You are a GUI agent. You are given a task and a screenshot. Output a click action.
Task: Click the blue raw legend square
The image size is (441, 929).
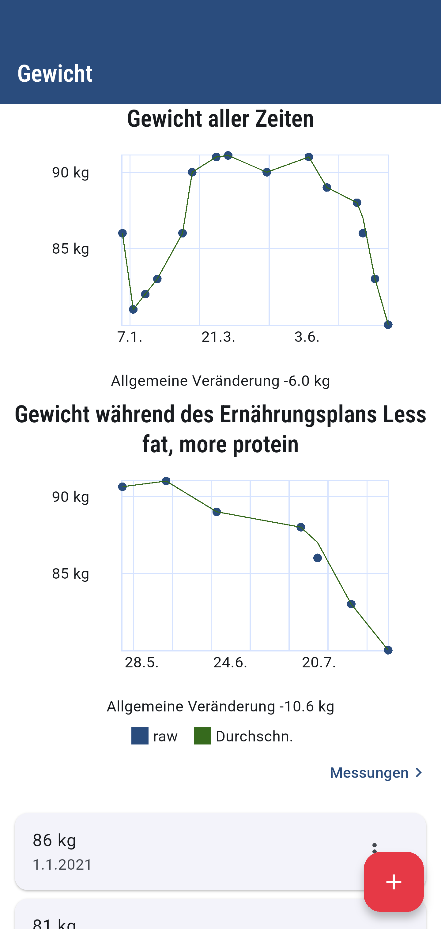point(140,736)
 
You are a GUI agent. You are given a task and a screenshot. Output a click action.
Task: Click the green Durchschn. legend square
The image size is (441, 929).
point(202,736)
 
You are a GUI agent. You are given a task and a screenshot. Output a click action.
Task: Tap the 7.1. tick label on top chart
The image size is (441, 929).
point(130,337)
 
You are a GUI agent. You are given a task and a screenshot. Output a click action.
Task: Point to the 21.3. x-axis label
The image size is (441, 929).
point(218,337)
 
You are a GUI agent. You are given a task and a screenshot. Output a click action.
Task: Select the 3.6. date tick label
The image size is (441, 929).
point(307,337)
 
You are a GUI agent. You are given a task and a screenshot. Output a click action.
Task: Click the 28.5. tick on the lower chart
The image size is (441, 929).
point(141,662)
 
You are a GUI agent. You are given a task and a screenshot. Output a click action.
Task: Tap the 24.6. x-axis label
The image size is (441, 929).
point(230,662)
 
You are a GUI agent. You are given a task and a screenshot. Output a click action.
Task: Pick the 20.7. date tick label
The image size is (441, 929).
point(319,662)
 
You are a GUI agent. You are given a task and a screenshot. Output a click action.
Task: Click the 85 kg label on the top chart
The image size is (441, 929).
point(70,248)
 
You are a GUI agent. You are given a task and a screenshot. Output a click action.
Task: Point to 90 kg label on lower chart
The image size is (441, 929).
point(70,497)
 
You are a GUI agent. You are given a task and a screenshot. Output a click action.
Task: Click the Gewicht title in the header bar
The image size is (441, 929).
point(55,73)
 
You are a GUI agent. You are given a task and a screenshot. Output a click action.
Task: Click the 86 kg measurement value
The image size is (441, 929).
point(55,840)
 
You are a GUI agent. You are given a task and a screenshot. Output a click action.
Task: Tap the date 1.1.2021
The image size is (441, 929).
point(62,865)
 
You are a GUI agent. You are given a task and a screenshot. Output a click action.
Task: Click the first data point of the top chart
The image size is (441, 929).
point(122,233)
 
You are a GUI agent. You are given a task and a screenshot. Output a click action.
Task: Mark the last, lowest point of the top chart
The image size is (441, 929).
point(388,325)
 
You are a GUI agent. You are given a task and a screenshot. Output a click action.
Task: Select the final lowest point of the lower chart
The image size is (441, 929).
point(388,650)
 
